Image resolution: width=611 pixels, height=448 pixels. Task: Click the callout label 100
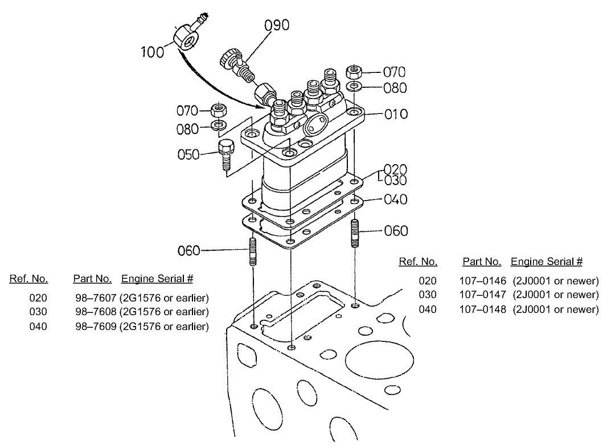(153, 52)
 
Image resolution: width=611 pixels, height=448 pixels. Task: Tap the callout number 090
(276, 26)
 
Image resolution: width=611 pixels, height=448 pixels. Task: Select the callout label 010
(396, 115)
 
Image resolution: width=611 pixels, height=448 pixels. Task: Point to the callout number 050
(188, 154)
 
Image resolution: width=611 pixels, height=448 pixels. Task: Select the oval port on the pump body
(315, 122)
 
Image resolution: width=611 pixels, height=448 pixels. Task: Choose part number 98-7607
(96, 298)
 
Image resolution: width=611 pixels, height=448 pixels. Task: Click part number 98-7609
(96, 327)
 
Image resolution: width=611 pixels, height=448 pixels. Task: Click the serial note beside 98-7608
(164, 312)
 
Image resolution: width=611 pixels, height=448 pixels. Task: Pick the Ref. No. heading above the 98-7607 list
(28, 279)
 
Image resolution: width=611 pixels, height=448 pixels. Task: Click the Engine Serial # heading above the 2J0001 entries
(546, 262)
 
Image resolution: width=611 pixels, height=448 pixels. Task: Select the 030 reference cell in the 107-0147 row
(428, 295)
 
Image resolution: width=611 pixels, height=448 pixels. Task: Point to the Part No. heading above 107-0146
(481, 262)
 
